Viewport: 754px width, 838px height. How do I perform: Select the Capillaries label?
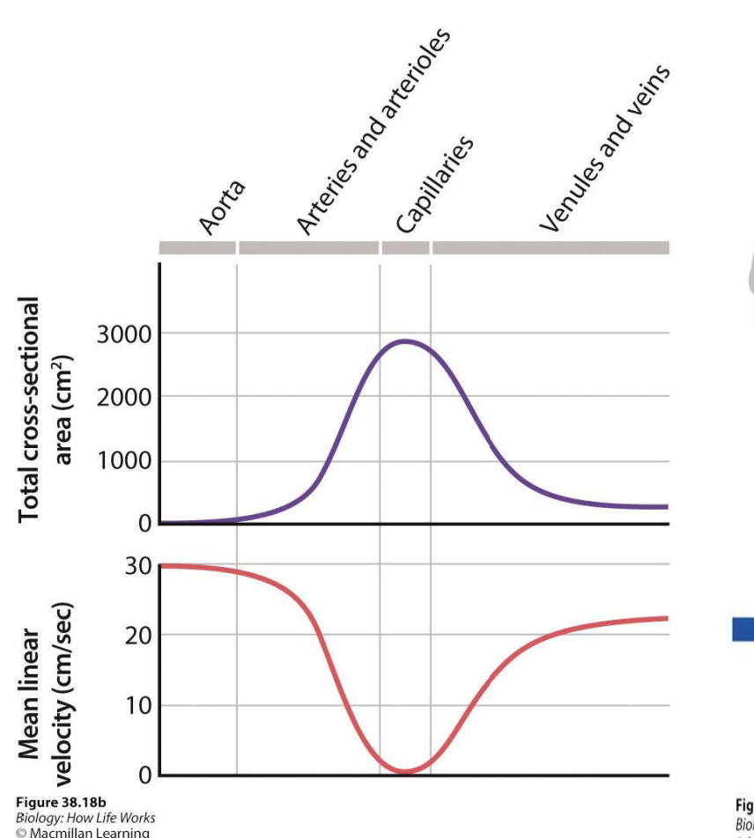(x=435, y=184)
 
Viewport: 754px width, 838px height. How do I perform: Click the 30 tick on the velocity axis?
(x=138, y=566)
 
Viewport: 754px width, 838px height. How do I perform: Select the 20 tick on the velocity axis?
(x=138, y=635)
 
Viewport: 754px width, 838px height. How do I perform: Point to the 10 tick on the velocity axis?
(x=138, y=705)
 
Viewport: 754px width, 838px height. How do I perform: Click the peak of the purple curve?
(x=405, y=341)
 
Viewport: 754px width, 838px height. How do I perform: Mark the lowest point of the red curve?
(x=405, y=772)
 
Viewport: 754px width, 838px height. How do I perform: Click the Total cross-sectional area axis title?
(x=41, y=407)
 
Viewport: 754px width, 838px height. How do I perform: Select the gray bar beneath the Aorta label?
(x=197, y=248)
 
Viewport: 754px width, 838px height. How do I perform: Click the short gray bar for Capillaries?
(x=405, y=248)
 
